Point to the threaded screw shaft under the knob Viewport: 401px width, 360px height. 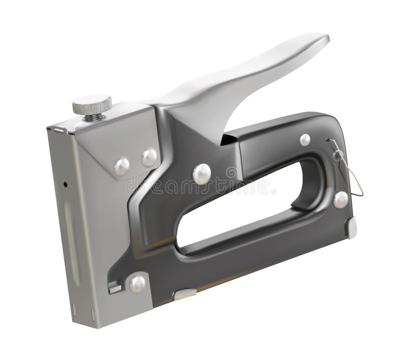93,117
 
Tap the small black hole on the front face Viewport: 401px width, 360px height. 65,184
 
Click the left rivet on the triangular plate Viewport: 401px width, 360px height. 122,166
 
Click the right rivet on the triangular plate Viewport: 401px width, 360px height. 149,157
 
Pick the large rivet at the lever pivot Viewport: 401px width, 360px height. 202,173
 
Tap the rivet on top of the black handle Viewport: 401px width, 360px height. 305,140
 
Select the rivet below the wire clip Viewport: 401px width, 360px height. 341,199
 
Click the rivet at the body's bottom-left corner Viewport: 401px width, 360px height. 137,284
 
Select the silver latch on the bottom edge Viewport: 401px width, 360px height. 184,294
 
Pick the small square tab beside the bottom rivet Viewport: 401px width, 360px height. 115,287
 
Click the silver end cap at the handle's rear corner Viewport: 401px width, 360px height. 352,228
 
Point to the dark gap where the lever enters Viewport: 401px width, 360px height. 228,139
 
